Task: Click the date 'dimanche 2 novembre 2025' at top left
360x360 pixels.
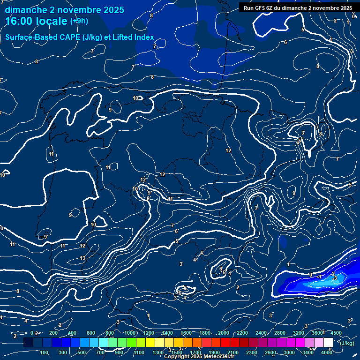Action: pyautogui.click(x=64, y=10)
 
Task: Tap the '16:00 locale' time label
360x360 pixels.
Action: pyautogui.click(x=36, y=21)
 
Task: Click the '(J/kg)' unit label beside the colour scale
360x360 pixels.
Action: pyautogui.click(x=346, y=343)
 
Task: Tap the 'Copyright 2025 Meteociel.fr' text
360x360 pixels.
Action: pyautogui.click(x=199, y=357)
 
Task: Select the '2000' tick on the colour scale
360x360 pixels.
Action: pyautogui.click(x=224, y=333)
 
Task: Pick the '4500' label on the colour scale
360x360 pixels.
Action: pyautogui.click(x=336, y=333)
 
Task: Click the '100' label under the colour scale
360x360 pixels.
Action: pyautogui.click(x=45, y=352)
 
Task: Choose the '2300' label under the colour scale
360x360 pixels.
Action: pyautogui.click(x=252, y=352)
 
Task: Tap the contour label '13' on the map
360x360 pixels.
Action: pyautogui.click(x=82, y=258)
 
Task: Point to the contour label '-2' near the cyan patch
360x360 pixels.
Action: pyautogui.click(x=332, y=273)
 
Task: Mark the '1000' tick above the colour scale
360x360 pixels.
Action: pyautogui.click(x=130, y=333)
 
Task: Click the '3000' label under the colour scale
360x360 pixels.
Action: pyautogui.click(x=289, y=352)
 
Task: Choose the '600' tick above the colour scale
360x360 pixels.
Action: pyautogui.click(x=91, y=333)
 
